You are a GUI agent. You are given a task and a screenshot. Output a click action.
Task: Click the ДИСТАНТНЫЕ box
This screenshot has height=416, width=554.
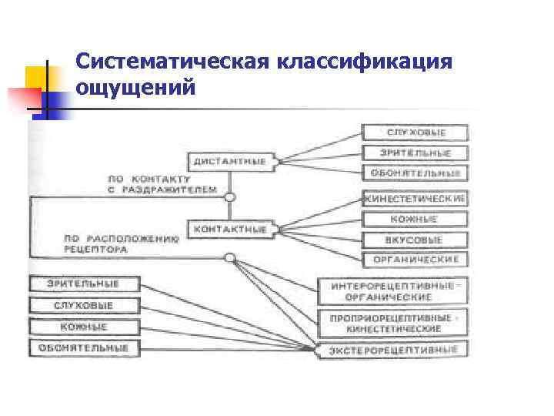(x=229, y=162)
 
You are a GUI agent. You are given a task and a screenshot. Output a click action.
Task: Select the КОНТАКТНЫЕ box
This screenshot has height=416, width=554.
(x=229, y=229)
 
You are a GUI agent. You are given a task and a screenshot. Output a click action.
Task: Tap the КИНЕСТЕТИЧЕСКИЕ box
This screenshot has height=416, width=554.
(x=415, y=199)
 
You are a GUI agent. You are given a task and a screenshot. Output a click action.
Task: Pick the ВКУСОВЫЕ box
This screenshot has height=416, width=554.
(x=415, y=240)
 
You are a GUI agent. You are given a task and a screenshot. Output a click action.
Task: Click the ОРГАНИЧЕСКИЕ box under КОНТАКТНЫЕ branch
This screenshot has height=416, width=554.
(x=415, y=260)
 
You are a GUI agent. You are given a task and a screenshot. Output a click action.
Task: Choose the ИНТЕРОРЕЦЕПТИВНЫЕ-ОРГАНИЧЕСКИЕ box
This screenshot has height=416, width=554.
(x=393, y=291)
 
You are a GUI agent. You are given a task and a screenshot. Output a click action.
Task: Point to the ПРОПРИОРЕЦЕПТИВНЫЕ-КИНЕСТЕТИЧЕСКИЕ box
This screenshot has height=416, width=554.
(x=393, y=323)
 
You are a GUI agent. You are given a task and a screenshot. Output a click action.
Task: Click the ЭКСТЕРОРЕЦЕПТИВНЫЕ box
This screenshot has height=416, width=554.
(x=393, y=351)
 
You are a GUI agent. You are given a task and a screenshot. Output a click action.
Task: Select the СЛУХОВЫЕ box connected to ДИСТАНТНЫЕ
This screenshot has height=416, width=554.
(x=415, y=133)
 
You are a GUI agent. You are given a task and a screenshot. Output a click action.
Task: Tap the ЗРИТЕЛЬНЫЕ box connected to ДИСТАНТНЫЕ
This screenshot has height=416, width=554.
(x=415, y=153)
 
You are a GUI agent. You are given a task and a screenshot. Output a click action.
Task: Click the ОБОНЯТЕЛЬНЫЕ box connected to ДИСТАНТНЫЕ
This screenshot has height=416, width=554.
(x=415, y=173)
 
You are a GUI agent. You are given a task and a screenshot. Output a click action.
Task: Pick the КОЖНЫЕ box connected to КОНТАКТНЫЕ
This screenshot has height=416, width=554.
(x=415, y=220)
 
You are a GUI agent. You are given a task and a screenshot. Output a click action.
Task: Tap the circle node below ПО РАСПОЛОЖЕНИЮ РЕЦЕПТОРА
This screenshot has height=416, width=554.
(x=229, y=257)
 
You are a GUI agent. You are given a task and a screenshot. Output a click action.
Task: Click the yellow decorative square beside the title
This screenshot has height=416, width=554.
(x=36, y=77)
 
